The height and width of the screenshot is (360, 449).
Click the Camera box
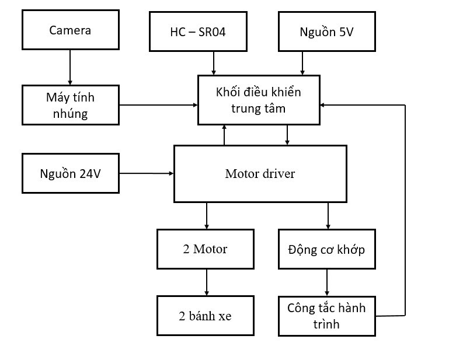click(70, 30)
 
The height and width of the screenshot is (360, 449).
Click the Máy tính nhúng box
click(70, 105)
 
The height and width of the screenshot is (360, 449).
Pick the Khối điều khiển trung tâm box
click(259, 100)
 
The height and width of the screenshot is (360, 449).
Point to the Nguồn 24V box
click(70, 173)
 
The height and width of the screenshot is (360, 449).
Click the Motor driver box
click(260, 174)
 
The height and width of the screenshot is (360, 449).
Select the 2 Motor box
click(205, 249)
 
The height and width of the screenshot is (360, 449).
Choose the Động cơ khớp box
click(326, 249)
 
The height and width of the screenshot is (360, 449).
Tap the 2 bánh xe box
click(205, 316)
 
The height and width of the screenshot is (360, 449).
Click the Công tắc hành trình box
click(326, 316)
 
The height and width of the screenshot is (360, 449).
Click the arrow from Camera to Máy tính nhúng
click(70, 67)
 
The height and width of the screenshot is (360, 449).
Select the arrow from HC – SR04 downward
click(214, 63)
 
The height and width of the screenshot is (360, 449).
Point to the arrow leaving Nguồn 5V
click(302, 63)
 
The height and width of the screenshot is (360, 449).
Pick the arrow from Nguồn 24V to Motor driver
click(147, 173)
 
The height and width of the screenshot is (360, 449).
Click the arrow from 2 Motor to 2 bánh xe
click(206, 282)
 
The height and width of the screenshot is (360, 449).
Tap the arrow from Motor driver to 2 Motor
click(206, 216)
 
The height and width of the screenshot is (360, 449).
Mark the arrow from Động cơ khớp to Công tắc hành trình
click(326, 282)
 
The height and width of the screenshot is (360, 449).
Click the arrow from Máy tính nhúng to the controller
click(158, 105)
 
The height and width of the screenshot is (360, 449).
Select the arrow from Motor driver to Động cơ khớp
click(328, 216)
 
